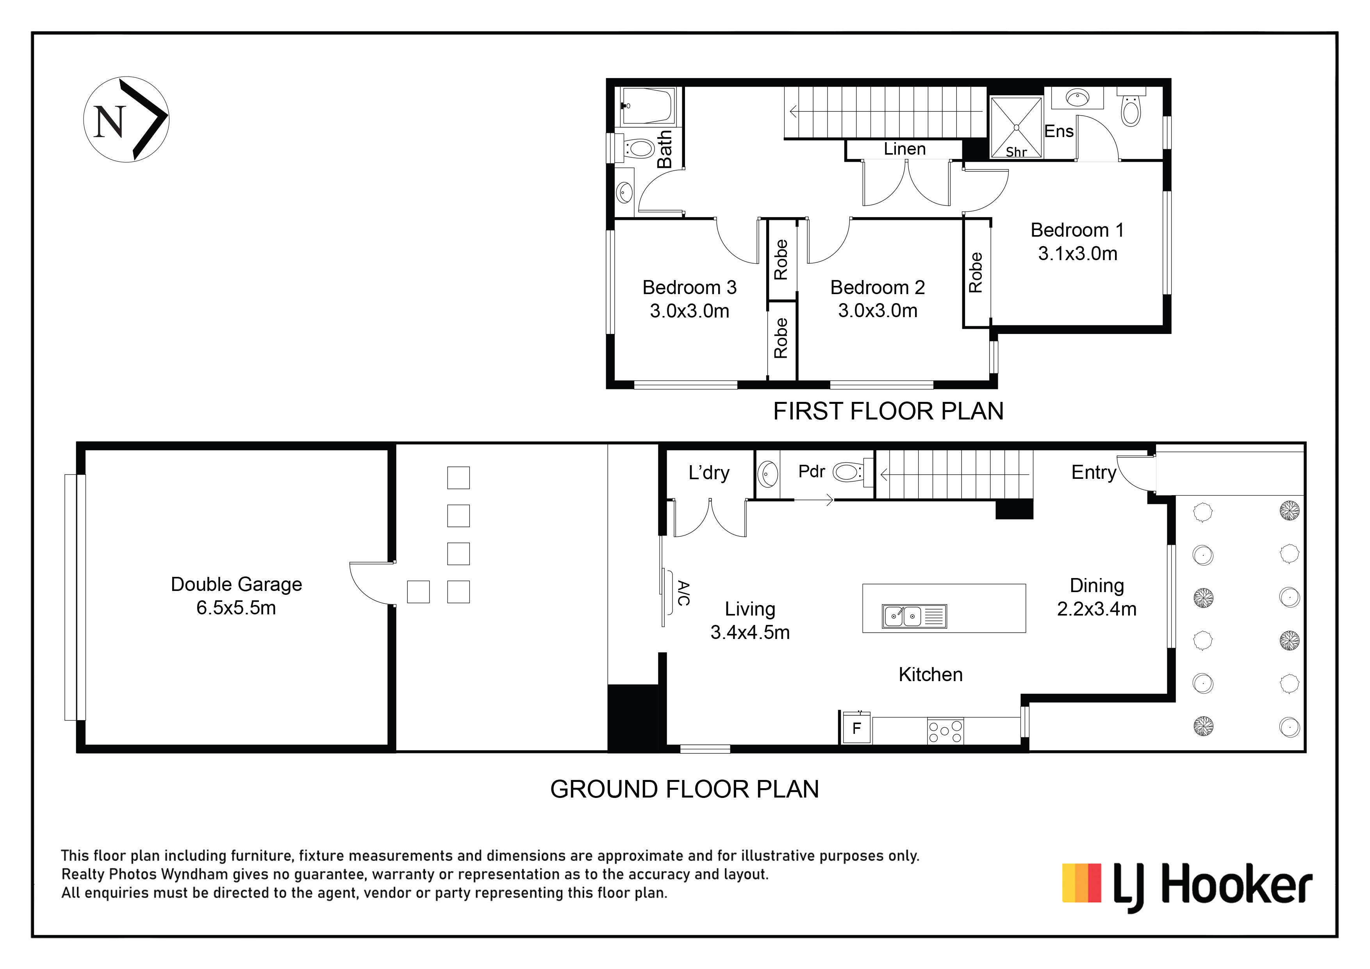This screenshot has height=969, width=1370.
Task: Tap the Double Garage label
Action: pyautogui.click(x=236, y=584)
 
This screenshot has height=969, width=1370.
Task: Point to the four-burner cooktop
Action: pyautogui.click(x=945, y=731)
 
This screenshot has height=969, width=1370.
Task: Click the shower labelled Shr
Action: pyautogui.click(x=1016, y=128)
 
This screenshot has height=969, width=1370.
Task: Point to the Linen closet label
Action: pyautogui.click(x=904, y=149)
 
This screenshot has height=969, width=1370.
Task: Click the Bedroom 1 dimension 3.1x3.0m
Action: pyautogui.click(x=1077, y=253)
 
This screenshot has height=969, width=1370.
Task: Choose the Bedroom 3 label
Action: pyautogui.click(x=690, y=287)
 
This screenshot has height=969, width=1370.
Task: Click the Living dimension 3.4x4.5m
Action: pyautogui.click(x=750, y=632)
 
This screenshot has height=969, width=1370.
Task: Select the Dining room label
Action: pyautogui.click(x=1097, y=586)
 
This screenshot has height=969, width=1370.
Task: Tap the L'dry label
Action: pyautogui.click(x=709, y=473)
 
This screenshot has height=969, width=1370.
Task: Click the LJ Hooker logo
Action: pyautogui.click(x=1187, y=887)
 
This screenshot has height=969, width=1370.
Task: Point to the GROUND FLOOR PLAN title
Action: pyautogui.click(x=684, y=789)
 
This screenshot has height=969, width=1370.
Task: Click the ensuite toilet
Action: pyautogui.click(x=1131, y=107)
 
